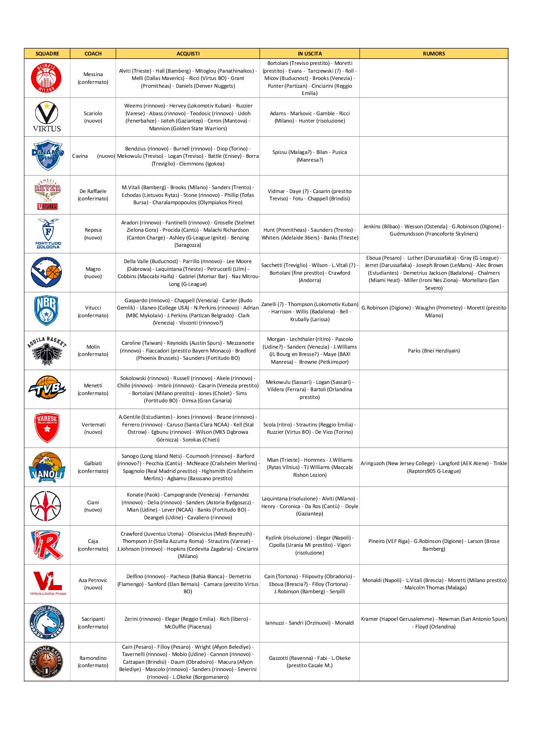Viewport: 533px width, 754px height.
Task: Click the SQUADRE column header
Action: (47, 54)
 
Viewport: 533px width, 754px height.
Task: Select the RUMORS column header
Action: (434, 54)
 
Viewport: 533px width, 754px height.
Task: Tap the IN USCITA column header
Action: (309, 54)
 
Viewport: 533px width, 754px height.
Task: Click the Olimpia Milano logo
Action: (47, 78)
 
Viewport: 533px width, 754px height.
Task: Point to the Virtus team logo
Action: (47, 117)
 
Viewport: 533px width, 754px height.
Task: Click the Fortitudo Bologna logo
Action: (47, 233)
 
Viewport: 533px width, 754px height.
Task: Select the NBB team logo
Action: (47, 311)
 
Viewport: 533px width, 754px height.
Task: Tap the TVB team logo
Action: (47, 389)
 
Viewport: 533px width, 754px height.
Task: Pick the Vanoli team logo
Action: (47, 467)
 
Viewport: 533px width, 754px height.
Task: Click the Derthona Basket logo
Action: (47, 662)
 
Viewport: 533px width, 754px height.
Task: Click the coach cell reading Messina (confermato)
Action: (93, 78)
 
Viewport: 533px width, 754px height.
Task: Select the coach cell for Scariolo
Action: (93, 117)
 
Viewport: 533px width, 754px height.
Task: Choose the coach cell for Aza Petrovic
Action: (93, 584)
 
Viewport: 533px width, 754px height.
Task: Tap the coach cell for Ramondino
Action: (93, 662)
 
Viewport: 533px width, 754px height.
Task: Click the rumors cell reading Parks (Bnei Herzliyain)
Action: (434, 350)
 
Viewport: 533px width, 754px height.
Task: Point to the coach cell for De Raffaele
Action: (93, 195)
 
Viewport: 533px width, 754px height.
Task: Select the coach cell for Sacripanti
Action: (93, 622)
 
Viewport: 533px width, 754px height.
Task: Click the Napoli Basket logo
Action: (47, 622)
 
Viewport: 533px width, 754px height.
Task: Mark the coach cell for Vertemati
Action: (93, 428)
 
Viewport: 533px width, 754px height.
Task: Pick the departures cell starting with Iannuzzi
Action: (309, 622)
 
